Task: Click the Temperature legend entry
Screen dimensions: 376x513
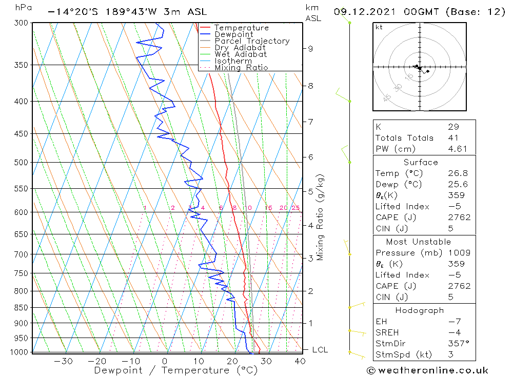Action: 241,28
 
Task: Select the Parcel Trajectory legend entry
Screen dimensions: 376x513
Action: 252,41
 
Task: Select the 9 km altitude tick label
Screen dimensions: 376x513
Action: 310,48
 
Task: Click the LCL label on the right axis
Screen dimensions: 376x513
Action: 320,350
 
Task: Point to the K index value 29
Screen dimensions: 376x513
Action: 453,127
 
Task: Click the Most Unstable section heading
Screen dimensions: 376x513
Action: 419,242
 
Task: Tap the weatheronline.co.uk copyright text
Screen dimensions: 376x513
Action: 427,370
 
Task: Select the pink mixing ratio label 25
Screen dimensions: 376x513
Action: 295,208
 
